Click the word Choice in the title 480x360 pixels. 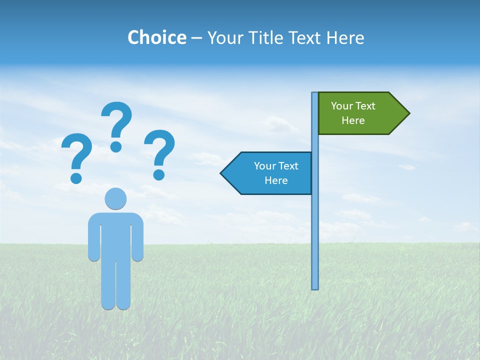pos(156,38)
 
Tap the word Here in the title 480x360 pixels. pos(345,38)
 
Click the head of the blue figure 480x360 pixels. pos(115,198)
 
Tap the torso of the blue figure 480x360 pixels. pos(115,235)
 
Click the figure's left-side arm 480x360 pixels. pos(94,240)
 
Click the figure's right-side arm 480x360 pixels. pos(137,240)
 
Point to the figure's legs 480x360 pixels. pos(115,285)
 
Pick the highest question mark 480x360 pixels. pos(117,120)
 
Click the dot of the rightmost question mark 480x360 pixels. pos(159,174)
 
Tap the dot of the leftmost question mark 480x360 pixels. pos(76,178)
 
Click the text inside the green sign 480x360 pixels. pos(353,113)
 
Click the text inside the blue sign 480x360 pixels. pos(276,173)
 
